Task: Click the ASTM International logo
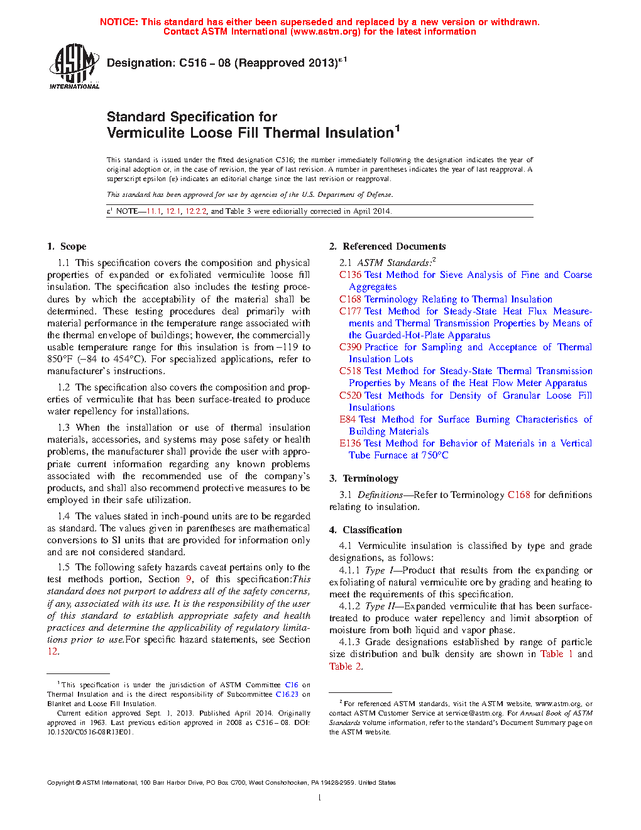point(74,66)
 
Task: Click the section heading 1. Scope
point(67,246)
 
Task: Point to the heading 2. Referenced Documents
point(388,246)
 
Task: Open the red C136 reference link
point(350,275)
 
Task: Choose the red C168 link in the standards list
point(350,299)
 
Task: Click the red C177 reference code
point(350,311)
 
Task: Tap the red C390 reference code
point(350,347)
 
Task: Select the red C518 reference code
point(350,371)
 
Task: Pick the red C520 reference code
point(350,396)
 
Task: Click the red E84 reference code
point(348,419)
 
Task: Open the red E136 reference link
point(350,443)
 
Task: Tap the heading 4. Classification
point(366,530)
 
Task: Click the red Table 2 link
point(345,667)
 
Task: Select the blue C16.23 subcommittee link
point(287,694)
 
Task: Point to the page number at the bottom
point(320,798)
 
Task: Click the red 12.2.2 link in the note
point(195,211)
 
